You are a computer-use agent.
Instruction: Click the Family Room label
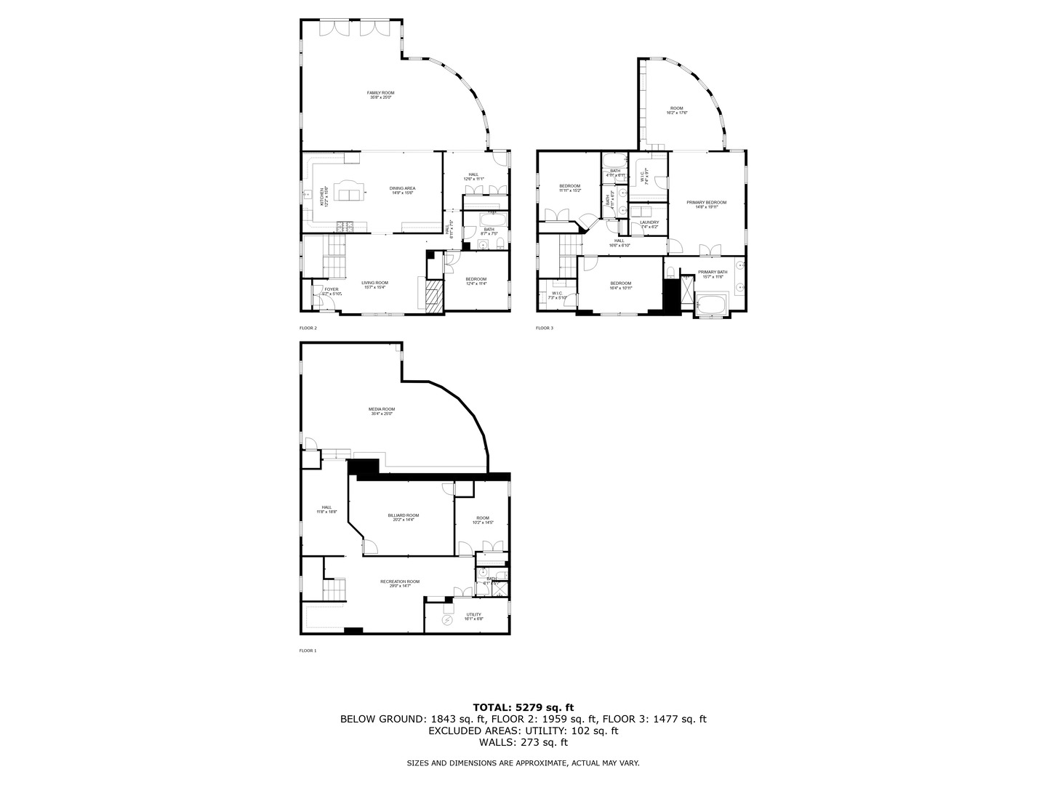380,93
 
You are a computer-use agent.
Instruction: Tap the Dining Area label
403,188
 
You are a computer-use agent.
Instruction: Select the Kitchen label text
323,196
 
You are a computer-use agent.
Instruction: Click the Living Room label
375,283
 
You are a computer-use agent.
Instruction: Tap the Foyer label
332,289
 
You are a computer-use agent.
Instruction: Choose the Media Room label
381,410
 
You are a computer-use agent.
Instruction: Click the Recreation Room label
400,581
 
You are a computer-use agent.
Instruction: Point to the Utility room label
473,615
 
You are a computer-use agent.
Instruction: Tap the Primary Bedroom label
706,203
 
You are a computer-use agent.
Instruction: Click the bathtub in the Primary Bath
711,303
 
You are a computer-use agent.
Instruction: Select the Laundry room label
649,222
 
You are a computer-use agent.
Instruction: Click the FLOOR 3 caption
545,328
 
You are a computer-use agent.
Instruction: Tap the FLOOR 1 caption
308,651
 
